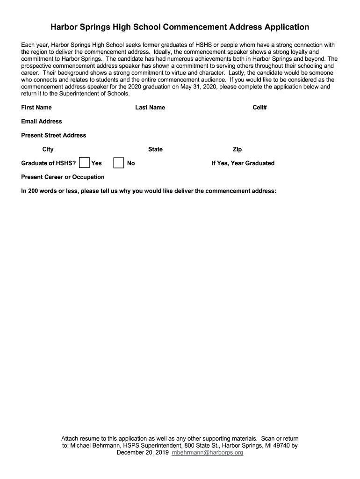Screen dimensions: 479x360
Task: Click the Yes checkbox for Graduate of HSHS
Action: click(85, 163)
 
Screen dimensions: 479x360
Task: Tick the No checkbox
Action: click(119, 163)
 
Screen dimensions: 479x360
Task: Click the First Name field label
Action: click(36, 108)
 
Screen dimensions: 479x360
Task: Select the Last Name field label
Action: click(150, 108)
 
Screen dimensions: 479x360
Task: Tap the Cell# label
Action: click(259, 108)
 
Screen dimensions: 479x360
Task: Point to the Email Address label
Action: click(42, 122)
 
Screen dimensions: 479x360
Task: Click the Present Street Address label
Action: click(54, 136)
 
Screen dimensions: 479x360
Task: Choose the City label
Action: click(48, 150)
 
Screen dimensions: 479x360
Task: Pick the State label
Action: click(155, 150)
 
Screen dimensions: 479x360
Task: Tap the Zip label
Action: click(237, 150)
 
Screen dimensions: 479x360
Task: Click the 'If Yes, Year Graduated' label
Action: click(243, 163)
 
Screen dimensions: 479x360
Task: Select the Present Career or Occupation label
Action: click(63, 177)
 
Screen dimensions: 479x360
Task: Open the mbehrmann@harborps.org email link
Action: click(208, 453)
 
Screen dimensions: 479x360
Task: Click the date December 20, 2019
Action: click(143, 453)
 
